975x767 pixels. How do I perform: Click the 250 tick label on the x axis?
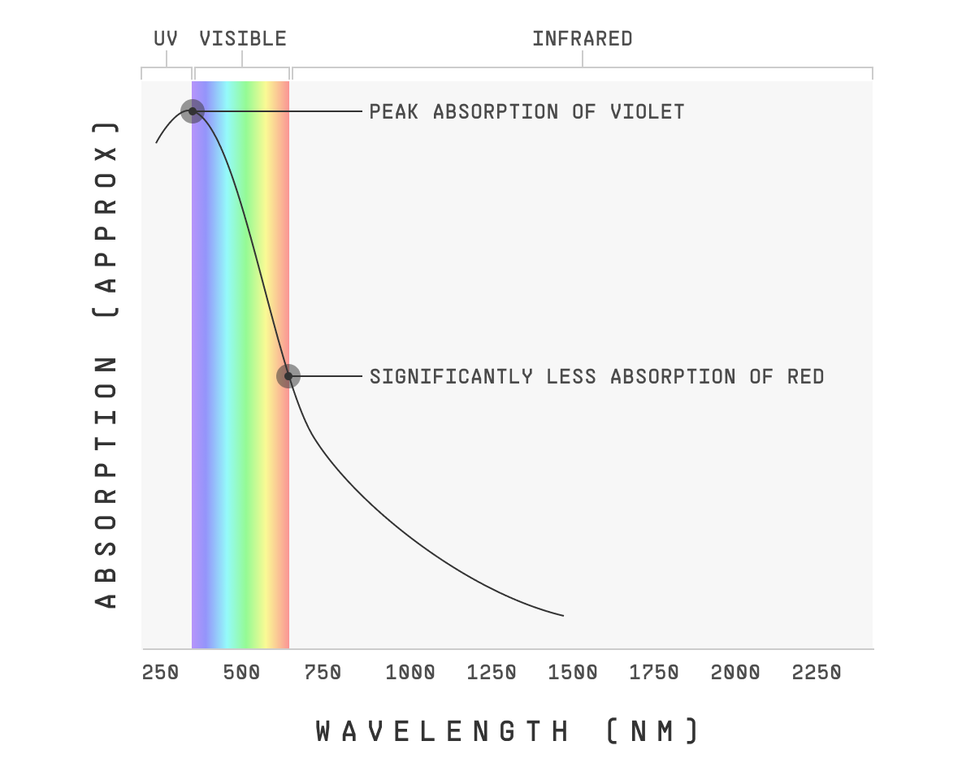click(x=160, y=673)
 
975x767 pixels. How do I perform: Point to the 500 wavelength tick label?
click(x=241, y=673)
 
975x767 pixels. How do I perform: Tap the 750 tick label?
click(x=323, y=673)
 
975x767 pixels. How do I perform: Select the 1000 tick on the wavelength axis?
click(x=410, y=673)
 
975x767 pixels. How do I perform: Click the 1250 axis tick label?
click(x=492, y=673)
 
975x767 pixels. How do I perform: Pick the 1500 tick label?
click(x=573, y=673)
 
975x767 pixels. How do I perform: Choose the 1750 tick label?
click(x=654, y=673)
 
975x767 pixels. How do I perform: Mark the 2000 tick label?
click(x=735, y=673)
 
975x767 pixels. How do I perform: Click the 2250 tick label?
click(x=817, y=673)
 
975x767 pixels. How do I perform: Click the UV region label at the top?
click(x=166, y=39)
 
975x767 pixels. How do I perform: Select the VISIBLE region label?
click(x=243, y=39)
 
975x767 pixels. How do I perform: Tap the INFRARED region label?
click(x=582, y=39)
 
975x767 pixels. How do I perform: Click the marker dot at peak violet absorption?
click(x=193, y=111)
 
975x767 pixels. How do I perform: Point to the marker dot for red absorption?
click(x=288, y=376)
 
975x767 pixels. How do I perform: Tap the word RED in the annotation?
click(x=805, y=377)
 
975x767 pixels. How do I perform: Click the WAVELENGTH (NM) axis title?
click(x=507, y=731)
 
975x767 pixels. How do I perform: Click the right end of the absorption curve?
click(x=562, y=615)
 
